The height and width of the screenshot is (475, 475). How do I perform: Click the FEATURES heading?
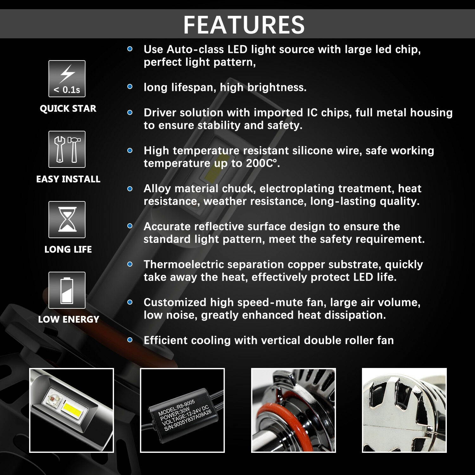244,24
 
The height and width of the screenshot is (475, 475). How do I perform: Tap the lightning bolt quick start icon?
67,74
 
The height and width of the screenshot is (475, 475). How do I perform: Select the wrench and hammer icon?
67,149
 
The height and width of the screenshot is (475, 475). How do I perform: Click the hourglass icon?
67,219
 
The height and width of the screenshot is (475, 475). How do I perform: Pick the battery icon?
67,290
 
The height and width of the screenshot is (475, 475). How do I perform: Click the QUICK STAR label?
68,108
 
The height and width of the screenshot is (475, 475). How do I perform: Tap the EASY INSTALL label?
68,179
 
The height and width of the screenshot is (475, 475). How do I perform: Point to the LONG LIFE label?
68,249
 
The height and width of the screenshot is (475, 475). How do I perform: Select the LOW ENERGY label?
68,319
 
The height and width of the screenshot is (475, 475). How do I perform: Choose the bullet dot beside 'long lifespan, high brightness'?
130,87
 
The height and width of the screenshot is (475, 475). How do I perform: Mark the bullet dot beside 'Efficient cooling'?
130,340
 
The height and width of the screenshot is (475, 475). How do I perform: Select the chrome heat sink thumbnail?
404,410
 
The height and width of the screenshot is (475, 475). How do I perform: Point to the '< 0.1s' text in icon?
67,90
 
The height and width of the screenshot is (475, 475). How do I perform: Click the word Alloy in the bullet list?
157,188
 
